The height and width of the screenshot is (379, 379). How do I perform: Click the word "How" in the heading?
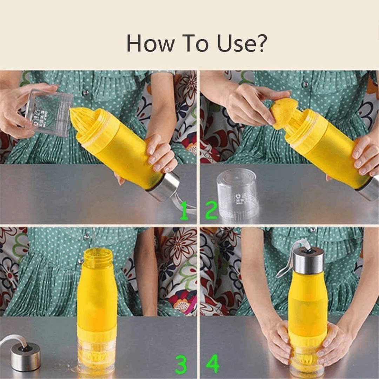[x=150, y=43]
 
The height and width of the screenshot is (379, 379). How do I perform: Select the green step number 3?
[x=181, y=365]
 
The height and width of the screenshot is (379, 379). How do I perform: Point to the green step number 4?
[x=213, y=364]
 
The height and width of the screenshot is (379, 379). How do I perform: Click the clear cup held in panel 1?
[x=49, y=112]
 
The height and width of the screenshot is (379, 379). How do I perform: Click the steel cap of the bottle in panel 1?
[x=164, y=187]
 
